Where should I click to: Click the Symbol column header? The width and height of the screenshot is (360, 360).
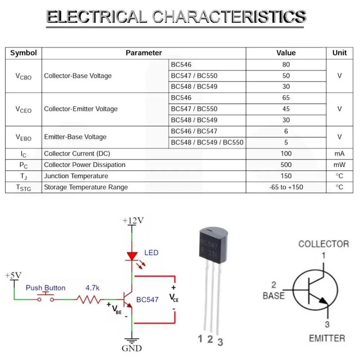(23, 53)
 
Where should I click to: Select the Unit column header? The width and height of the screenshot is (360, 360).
(339, 53)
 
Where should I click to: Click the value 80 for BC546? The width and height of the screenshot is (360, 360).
(286, 65)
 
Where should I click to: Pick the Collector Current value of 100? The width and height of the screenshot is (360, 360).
(286, 154)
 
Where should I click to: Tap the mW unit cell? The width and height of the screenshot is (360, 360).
(339, 165)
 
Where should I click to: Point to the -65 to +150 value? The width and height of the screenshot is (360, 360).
(286, 187)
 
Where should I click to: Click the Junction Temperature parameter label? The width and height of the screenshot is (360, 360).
(76, 176)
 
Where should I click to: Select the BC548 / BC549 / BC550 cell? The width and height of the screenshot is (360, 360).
(207, 143)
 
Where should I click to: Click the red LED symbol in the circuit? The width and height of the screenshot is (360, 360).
(132, 256)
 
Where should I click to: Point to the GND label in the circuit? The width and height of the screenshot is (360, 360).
(132, 348)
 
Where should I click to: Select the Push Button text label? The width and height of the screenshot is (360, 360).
(45, 288)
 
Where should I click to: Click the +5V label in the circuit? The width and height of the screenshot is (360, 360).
(14, 275)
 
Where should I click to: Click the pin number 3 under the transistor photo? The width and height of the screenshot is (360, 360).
(220, 342)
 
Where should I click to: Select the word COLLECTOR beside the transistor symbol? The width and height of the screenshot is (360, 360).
(323, 244)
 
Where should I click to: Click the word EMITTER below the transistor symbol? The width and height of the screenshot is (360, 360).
(327, 338)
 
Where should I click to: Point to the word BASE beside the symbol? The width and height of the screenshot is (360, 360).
(274, 296)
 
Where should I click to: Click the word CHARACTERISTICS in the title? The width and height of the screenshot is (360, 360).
(229, 17)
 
